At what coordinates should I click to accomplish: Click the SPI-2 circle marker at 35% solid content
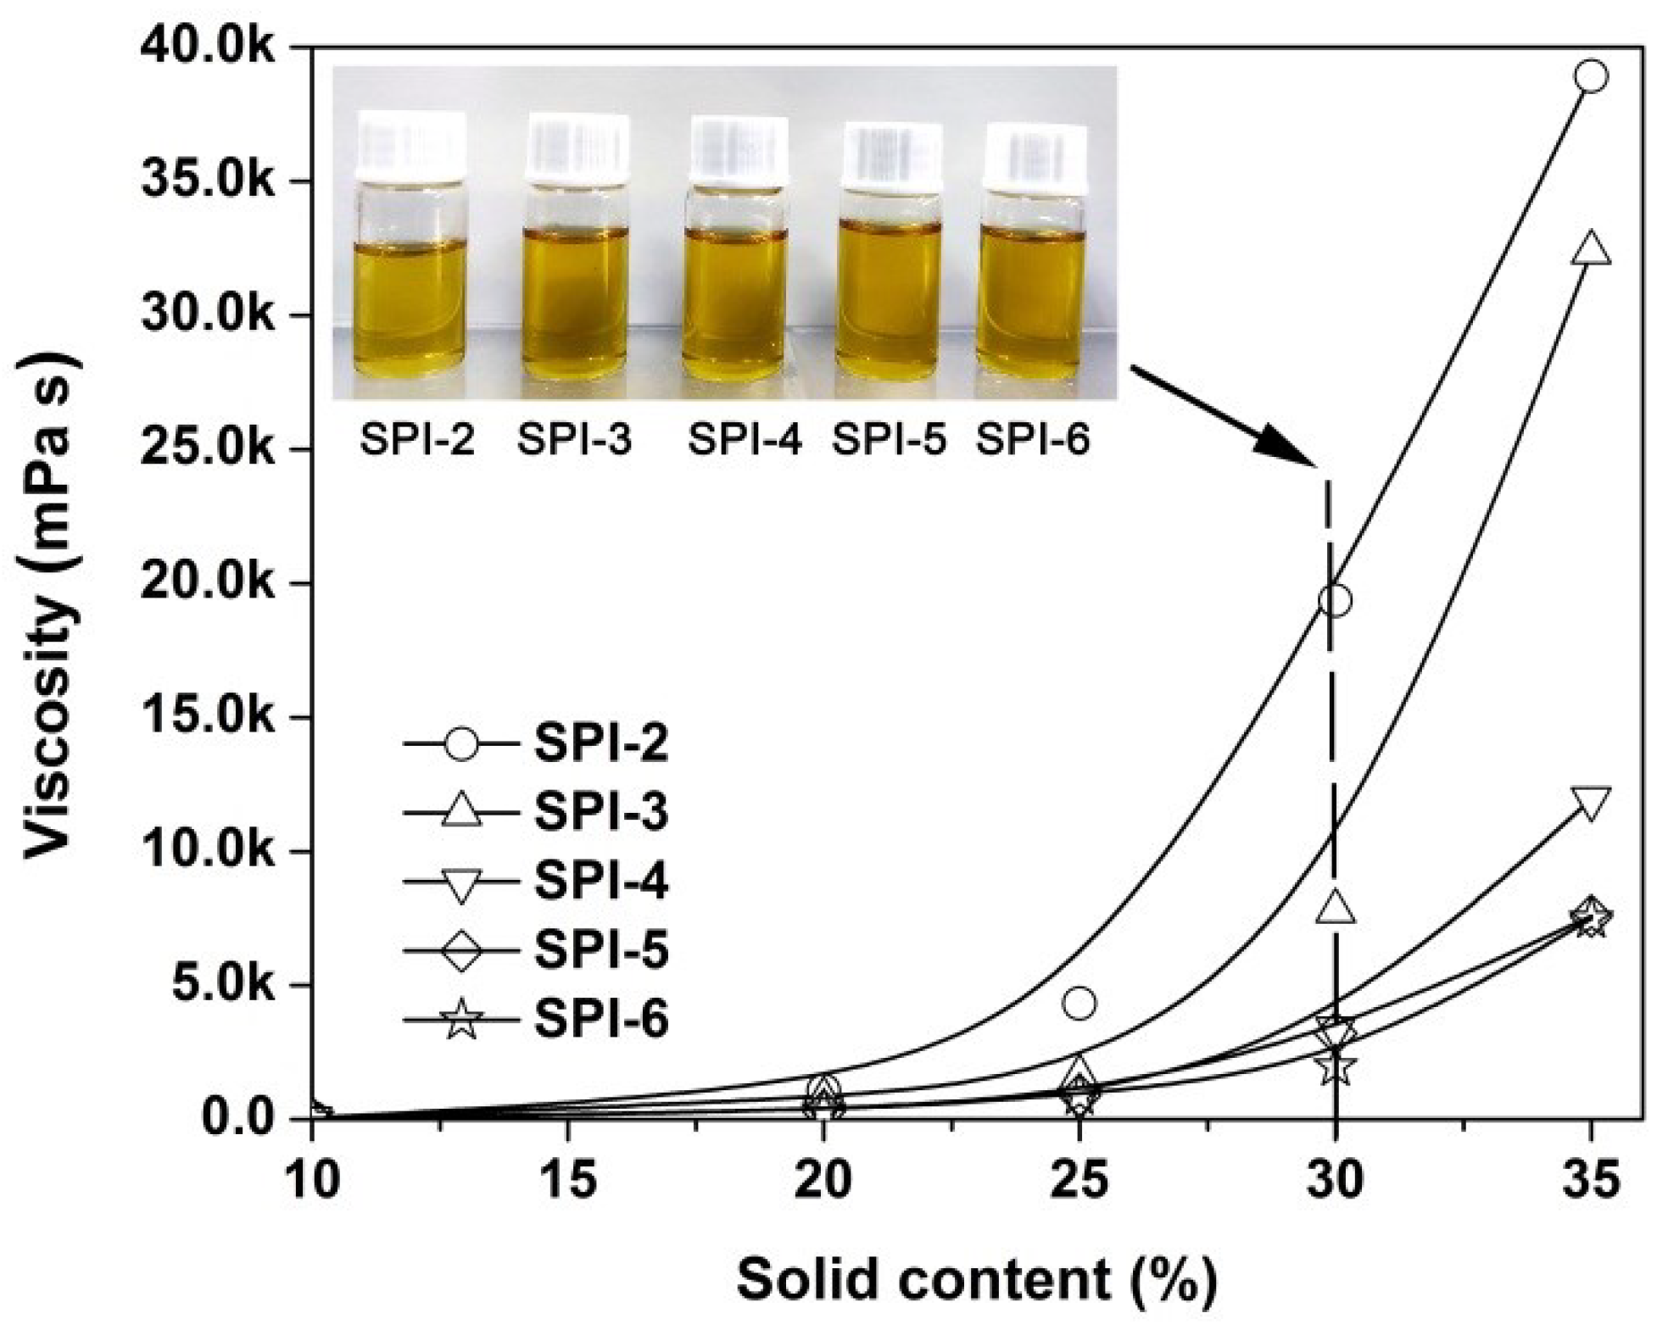click(1591, 76)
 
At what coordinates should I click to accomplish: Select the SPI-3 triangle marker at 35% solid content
click(1591, 248)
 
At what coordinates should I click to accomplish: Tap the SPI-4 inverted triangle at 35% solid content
click(1591, 802)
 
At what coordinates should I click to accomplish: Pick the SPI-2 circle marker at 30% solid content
click(1335, 600)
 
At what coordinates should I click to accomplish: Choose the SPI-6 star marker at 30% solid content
click(1336, 1066)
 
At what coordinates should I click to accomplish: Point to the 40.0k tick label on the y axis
click(207, 48)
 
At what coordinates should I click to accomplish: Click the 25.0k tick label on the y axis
click(207, 449)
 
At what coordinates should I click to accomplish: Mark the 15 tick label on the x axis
click(567, 1179)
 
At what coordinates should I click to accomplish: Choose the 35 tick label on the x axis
click(1591, 1179)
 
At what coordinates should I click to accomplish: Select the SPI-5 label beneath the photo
click(889, 440)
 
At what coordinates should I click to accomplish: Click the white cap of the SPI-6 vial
click(1035, 156)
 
